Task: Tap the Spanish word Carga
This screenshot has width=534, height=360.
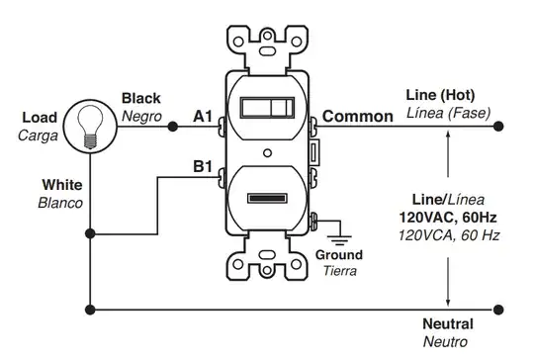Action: click(39, 135)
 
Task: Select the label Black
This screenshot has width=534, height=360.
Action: click(141, 99)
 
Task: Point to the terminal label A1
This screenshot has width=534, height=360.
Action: click(203, 117)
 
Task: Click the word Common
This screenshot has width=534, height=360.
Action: click(357, 117)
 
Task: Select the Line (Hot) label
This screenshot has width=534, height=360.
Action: click(441, 95)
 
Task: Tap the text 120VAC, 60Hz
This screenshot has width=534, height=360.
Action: click(450, 217)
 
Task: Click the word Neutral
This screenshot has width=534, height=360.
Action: click(448, 324)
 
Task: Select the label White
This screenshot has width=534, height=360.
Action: click(62, 185)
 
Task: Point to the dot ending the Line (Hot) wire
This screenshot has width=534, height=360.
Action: click(497, 126)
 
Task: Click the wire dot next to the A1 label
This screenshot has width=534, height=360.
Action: click(172, 126)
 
